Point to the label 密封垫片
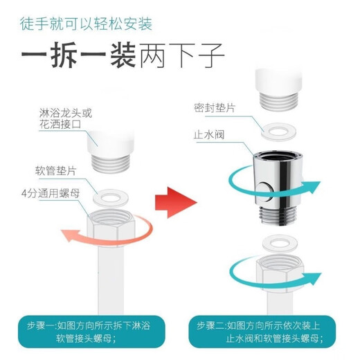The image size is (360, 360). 215,109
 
